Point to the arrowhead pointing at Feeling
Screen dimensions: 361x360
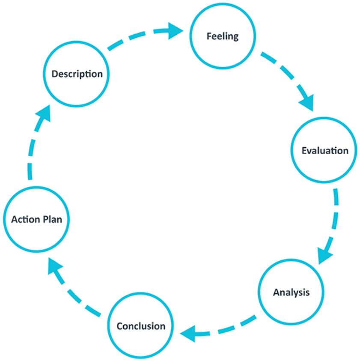click(x=176, y=30)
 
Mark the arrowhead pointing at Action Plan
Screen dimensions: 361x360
click(x=54, y=267)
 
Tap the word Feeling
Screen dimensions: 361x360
click(x=222, y=36)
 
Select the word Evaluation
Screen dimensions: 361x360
click(x=325, y=151)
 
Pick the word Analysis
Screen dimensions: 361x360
click(x=291, y=293)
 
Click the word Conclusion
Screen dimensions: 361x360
click(x=141, y=326)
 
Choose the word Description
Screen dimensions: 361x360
click(x=77, y=74)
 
